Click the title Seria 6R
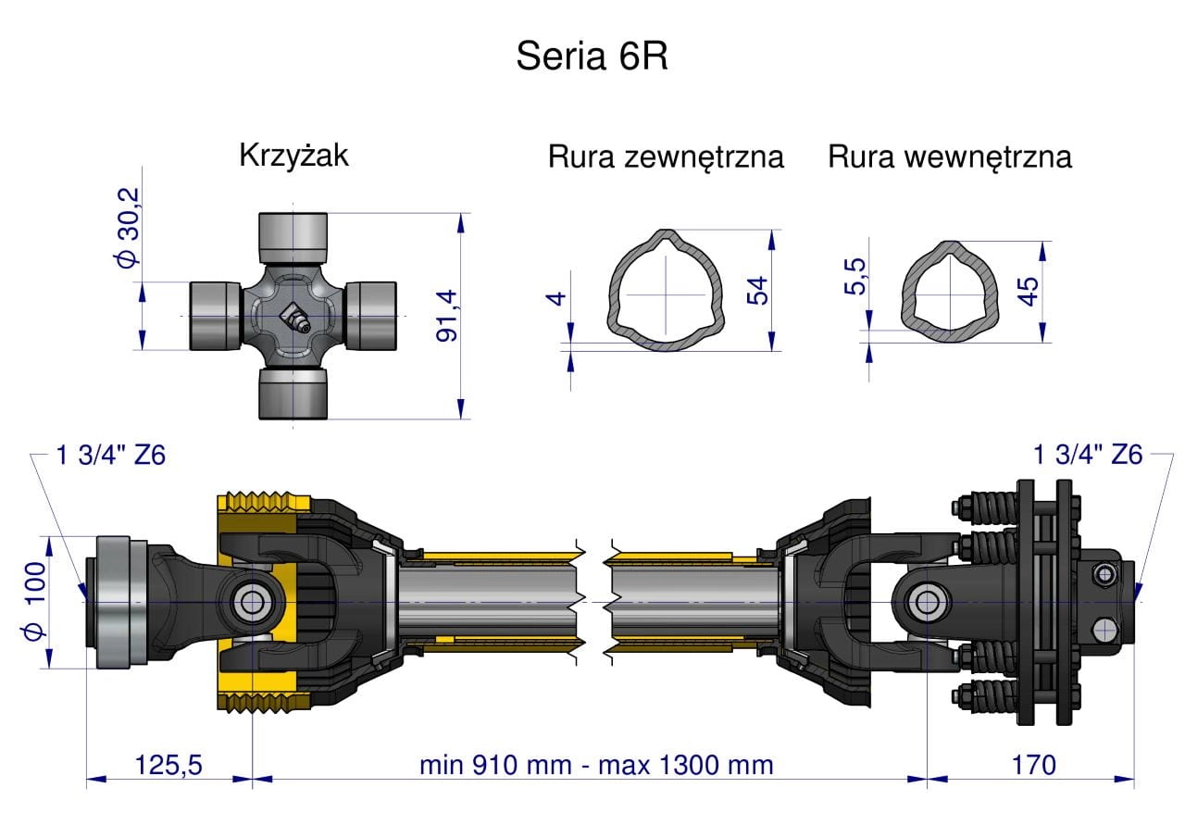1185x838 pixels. coord(592,57)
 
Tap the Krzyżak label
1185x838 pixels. coord(293,155)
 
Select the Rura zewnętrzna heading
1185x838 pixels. coord(666,156)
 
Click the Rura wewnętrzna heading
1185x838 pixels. coord(949,156)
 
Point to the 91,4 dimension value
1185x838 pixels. coord(447,315)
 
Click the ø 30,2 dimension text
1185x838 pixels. coord(127,228)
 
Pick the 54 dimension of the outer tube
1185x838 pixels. coord(758,289)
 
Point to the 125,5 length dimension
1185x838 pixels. coord(168,765)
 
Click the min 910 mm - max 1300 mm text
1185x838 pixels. coord(596,765)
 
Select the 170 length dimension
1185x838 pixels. coord(1033,765)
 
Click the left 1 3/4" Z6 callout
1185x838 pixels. coord(110,455)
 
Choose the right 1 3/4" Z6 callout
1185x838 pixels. coord(1088,455)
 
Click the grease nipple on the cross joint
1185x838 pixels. coord(293,318)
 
